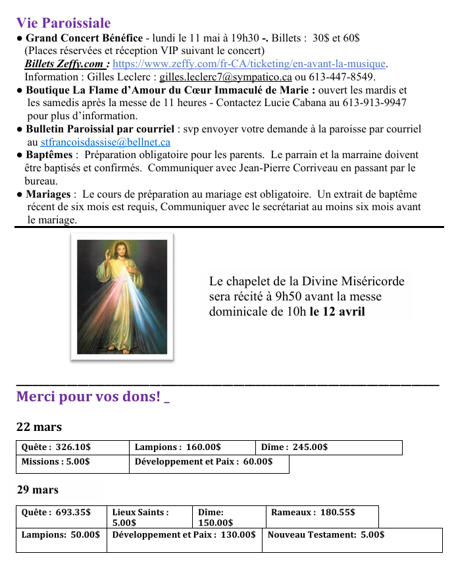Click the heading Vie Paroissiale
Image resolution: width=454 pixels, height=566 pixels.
pos(63,24)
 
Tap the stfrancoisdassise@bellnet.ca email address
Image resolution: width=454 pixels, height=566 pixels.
pos(105,142)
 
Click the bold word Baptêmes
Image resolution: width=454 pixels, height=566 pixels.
pos(49,155)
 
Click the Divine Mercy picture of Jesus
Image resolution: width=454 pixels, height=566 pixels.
pos(122,297)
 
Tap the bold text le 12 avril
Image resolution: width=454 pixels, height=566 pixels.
pos(337,311)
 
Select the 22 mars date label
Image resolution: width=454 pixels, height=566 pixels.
pos(39,427)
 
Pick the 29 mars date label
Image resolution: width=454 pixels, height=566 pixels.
pos(38,490)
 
